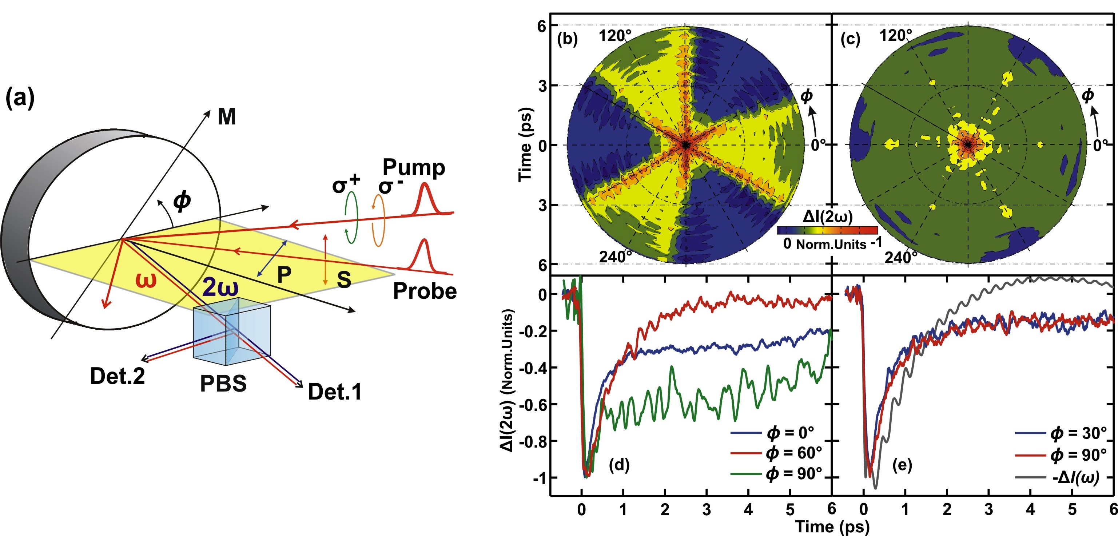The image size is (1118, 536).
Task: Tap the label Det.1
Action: tap(335, 392)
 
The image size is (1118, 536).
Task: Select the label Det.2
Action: tap(117, 376)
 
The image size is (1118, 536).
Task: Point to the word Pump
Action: tap(414, 167)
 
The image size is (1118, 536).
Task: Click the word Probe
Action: tap(425, 291)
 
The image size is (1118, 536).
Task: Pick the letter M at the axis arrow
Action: tap(227, 117)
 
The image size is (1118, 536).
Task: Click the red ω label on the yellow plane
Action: tap(146, 280)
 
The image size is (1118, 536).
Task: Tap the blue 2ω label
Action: tap(220, 287)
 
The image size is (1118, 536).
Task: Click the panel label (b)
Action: tap(567, 39)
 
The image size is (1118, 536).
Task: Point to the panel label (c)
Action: tap(850, 39)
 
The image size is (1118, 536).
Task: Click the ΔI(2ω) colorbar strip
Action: tap(827, 230)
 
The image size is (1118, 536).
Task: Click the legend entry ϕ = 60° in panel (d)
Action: tap(794, 453)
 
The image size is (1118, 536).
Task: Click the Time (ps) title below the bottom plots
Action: tap(832, 527)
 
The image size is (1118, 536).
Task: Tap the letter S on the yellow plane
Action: tap(344, 279)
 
